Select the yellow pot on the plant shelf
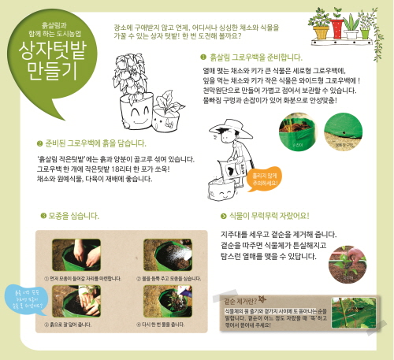coord(322,32)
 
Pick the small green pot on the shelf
coord(365,34)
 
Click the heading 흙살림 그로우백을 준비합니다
coord(251,58)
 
